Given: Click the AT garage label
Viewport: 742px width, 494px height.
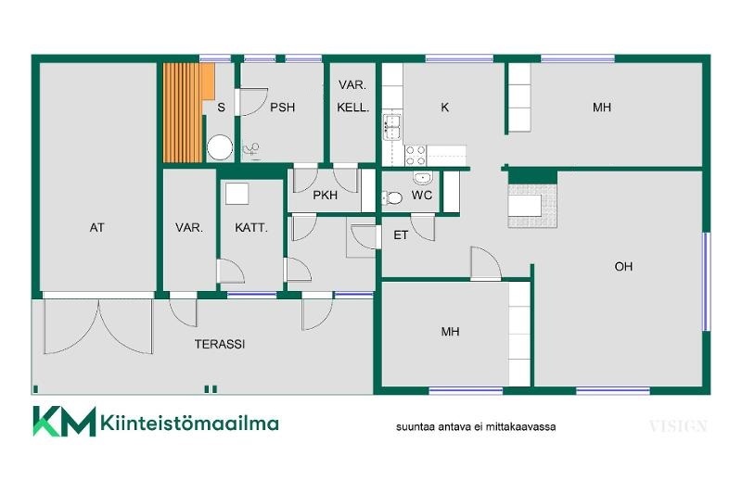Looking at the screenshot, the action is [x=96, y=228].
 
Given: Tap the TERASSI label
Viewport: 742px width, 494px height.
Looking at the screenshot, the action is [x=220, y=344].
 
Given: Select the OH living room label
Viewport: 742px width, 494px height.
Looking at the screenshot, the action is [x=623, y=267].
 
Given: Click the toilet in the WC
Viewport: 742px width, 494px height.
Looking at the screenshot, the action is [x=392, y=197].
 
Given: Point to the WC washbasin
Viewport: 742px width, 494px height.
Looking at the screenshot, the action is [x=422, y=178].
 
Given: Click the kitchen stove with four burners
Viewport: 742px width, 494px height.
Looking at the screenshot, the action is [x=416, y=156].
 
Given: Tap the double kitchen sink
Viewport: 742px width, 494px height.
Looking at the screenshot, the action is [x=392, y=127].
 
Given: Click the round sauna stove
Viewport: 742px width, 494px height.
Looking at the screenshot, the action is [x=220, y=147].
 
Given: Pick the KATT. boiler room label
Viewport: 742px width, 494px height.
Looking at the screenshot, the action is [x=251, y=228].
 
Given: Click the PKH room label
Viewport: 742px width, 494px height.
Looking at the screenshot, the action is [x=326, y=195].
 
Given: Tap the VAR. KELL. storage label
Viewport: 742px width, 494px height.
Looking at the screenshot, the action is [x=353, y=96].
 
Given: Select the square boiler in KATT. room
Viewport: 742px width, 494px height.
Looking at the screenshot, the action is [x=237, y=194].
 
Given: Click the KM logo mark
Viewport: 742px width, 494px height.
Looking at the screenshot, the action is [x=64, y=421].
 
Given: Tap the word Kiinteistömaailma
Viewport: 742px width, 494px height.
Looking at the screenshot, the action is [x=189, y=422].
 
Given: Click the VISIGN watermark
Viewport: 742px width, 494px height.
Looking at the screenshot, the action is [x=678, y=426].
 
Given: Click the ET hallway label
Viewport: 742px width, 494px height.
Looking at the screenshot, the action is [x=401, y=235].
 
